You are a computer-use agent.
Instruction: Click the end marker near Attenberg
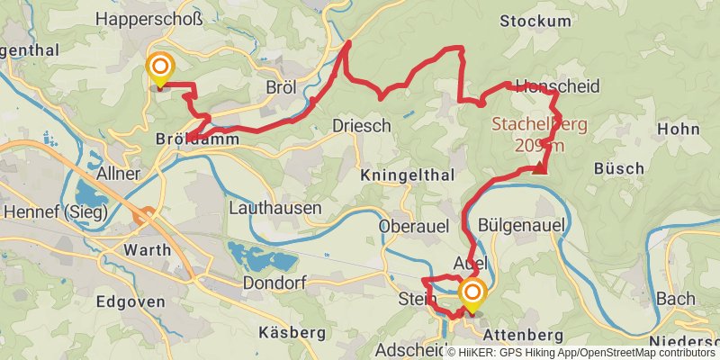472,293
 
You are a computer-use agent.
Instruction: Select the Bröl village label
282,87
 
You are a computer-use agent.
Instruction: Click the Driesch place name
362,125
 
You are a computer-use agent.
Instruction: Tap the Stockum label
535,21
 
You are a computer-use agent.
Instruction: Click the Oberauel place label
414,226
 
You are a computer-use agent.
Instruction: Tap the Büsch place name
619,168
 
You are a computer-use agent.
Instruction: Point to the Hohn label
679,129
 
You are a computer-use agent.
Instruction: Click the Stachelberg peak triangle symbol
540,166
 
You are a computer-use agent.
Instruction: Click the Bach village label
676,299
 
